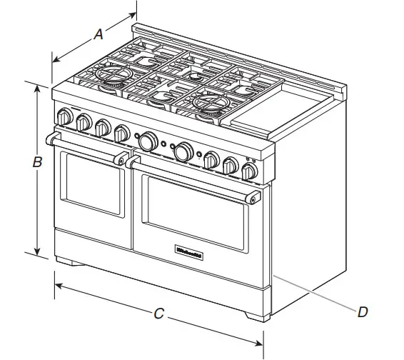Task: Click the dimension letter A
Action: [x=99, y=34]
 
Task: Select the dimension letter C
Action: [x=160, y=313]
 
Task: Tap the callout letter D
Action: [x=363, y=312]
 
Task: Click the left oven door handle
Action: [x=86, y=147]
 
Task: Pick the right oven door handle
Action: [x=193, y=177]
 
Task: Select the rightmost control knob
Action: [x=249, y=171]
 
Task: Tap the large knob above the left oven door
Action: [x=148, y=141]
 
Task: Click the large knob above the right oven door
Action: [x=183, y=151]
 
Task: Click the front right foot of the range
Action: [x=256, y=316]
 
